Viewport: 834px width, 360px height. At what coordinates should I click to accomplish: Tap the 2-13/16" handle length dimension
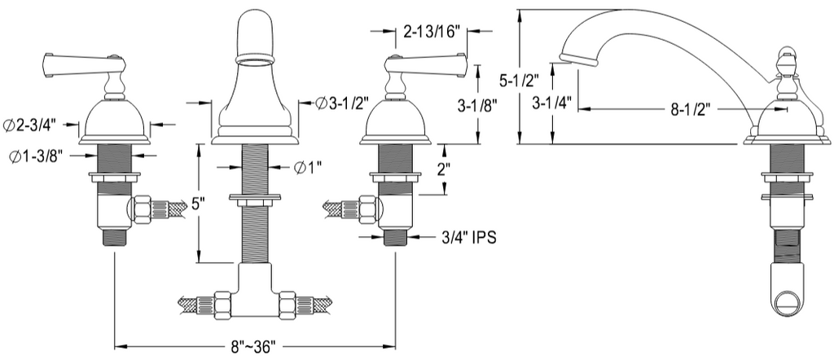431,32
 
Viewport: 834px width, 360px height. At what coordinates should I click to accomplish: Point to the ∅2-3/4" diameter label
33,126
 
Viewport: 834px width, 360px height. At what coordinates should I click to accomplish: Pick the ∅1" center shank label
308,168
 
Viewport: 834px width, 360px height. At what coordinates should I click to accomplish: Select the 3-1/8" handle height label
476,106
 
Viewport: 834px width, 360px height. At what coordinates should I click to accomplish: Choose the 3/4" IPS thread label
468,237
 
